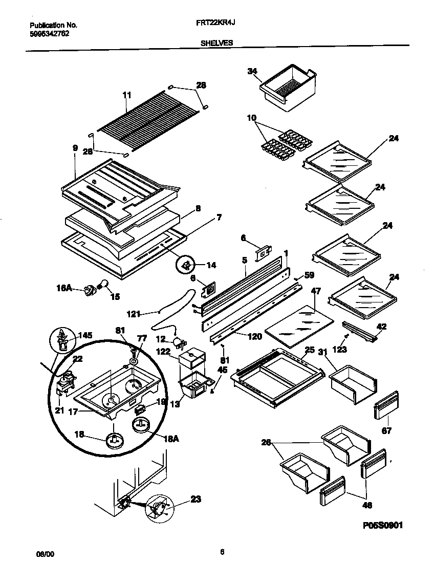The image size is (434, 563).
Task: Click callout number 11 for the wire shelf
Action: (x=126, y=95)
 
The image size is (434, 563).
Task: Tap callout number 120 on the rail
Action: (x=255, y=336)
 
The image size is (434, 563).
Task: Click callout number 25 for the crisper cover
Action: (x=309, y=350)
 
